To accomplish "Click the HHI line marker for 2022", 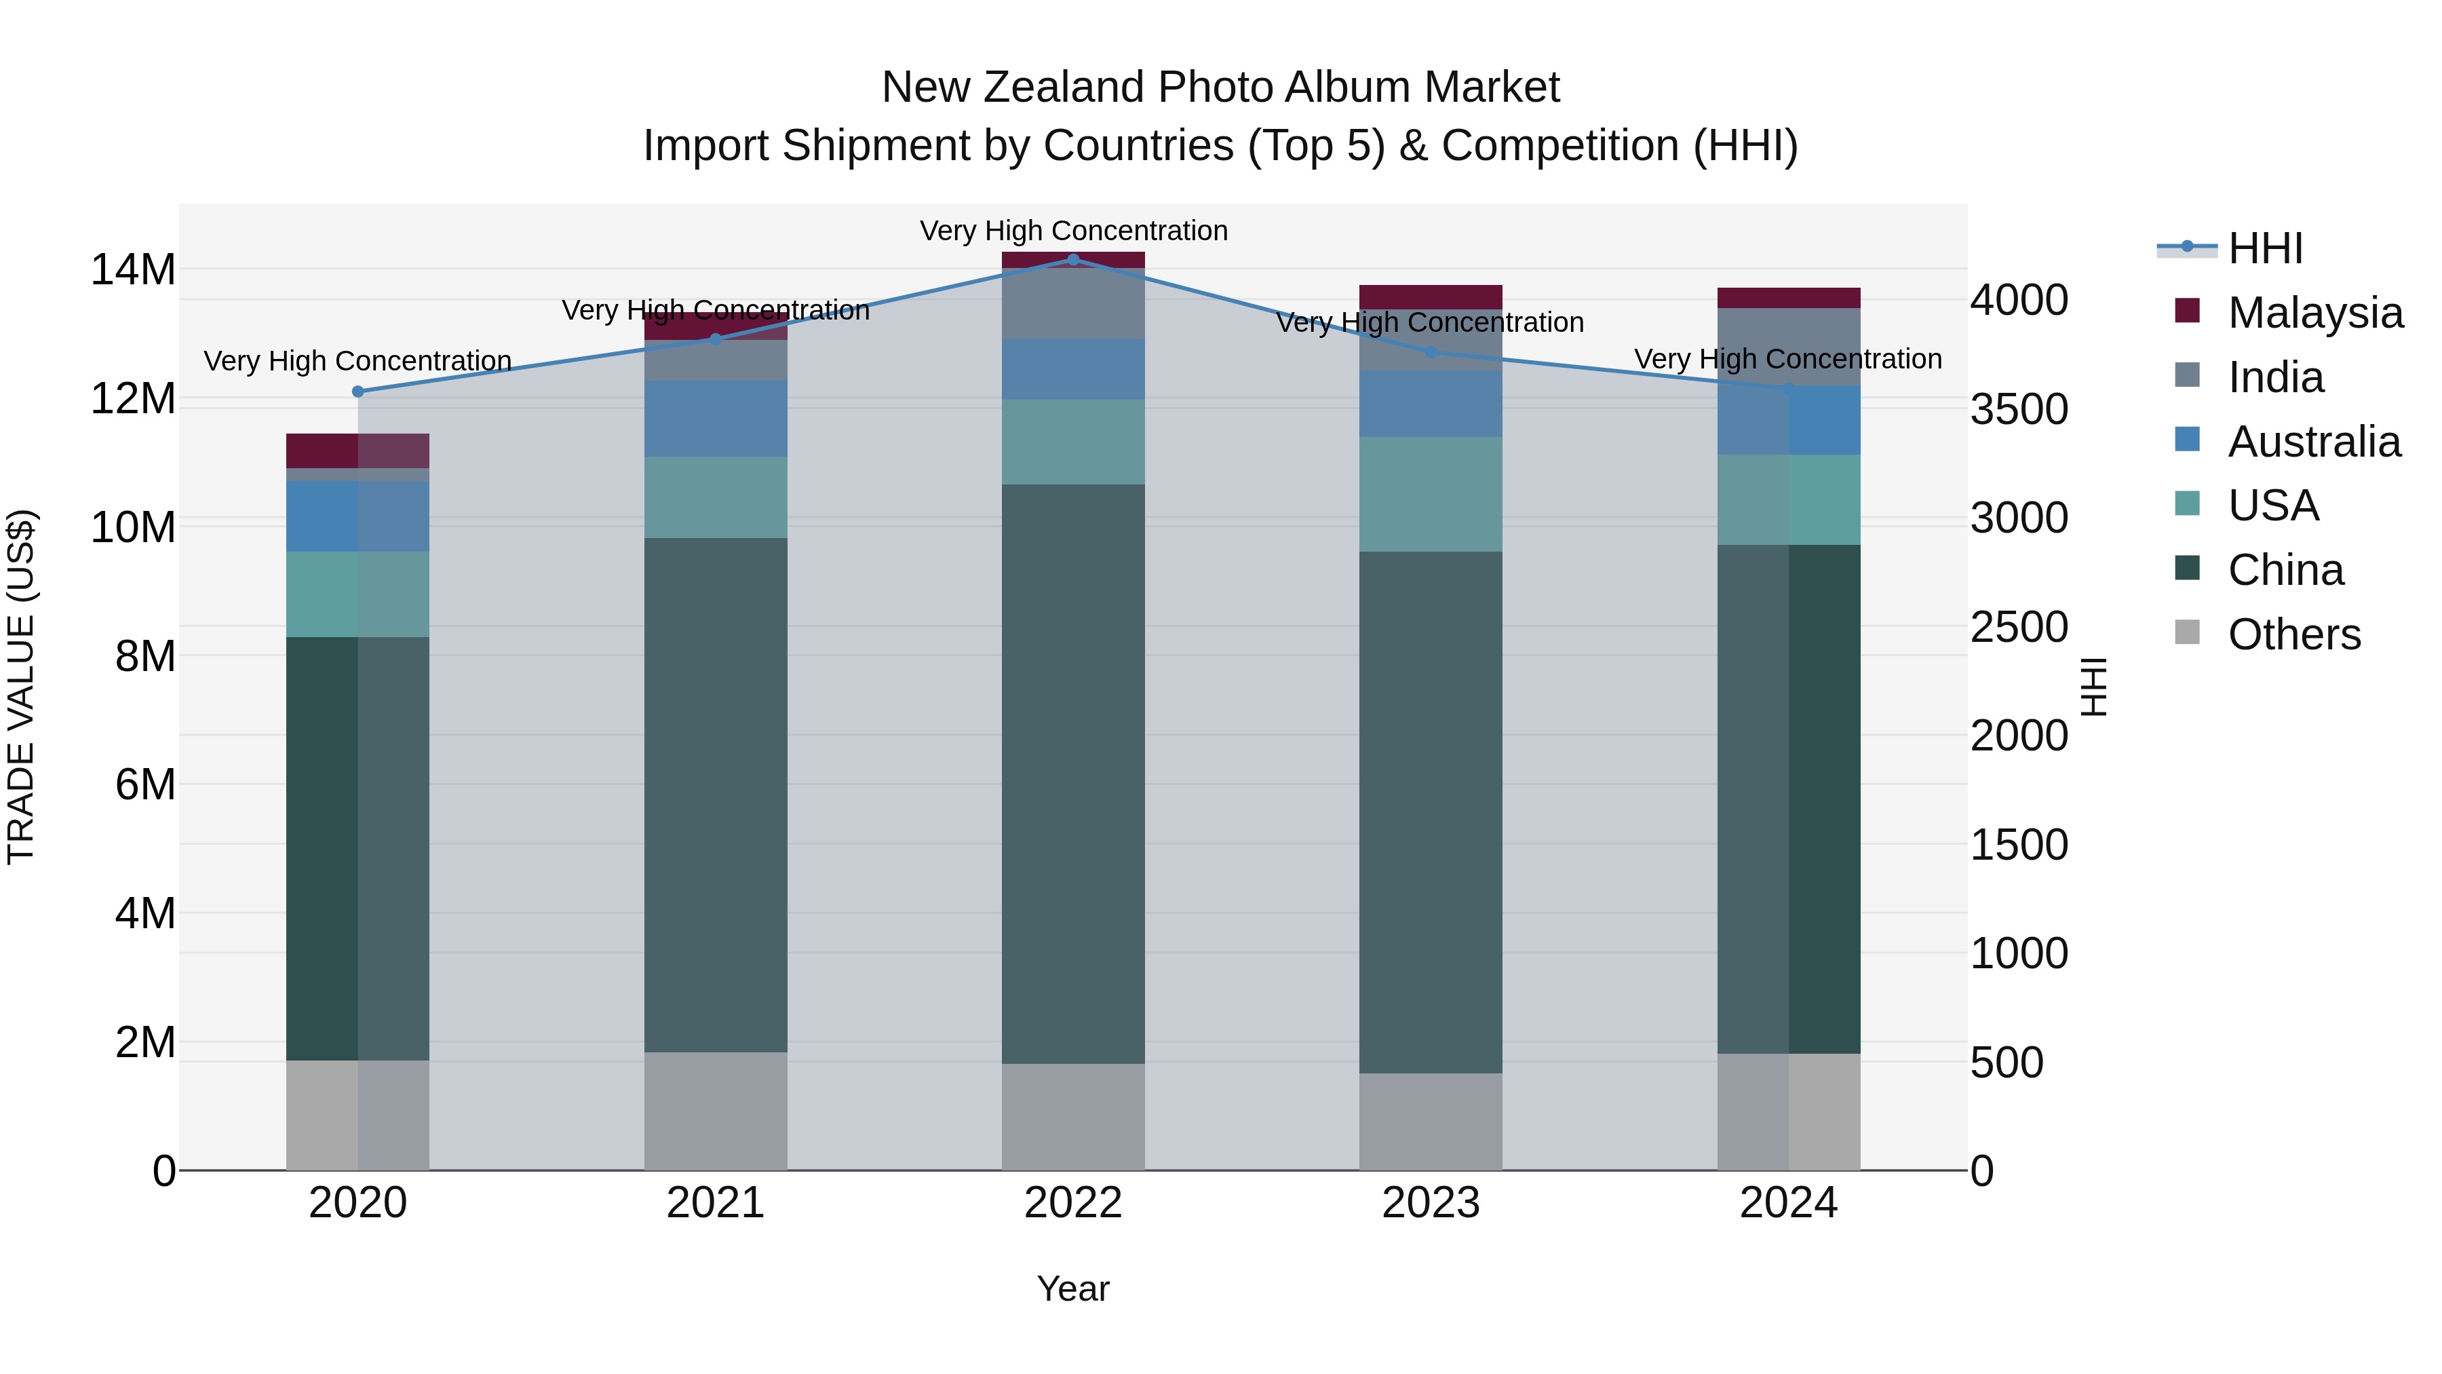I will click(x=1073, y=259).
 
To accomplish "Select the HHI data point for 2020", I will click(x=357, y=392).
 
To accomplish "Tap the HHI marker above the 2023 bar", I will click(x=1431, y=351).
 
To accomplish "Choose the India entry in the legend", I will click(x=2275, y=377).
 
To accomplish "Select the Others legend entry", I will click(x=2293, y=634).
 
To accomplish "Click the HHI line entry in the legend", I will click(x=2265, y=248).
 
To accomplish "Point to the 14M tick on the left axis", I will click(x=133, y=270).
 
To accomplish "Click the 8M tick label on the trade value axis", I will click(x=145, y=656).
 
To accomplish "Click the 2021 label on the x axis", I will click(x=716, y=1203).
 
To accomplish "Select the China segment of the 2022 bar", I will click(x=1073, y=773).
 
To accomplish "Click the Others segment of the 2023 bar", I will click(x=1431, y=1121).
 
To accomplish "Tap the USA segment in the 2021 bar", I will click(x=716, y=498).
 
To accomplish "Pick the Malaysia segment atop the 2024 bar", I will click(x=1789, y=298).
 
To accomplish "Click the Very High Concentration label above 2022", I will click(x=1073, y=231).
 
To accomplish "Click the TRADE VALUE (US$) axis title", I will click(x=21, y=687).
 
